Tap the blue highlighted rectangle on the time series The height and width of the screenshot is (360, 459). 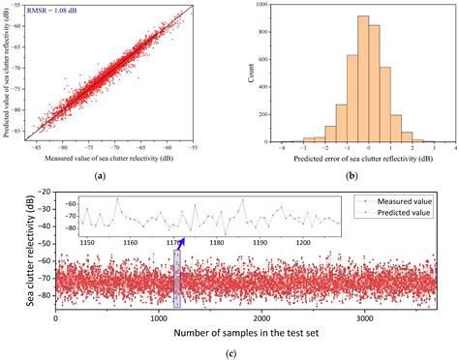point(176,278)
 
